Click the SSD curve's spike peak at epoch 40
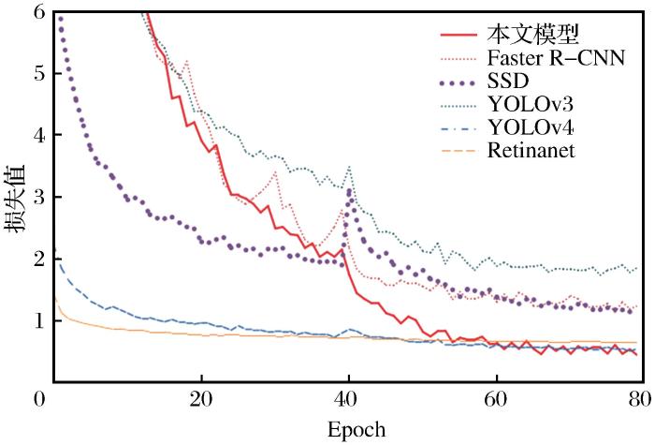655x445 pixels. pyautogui.click(x=349, y=191)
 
